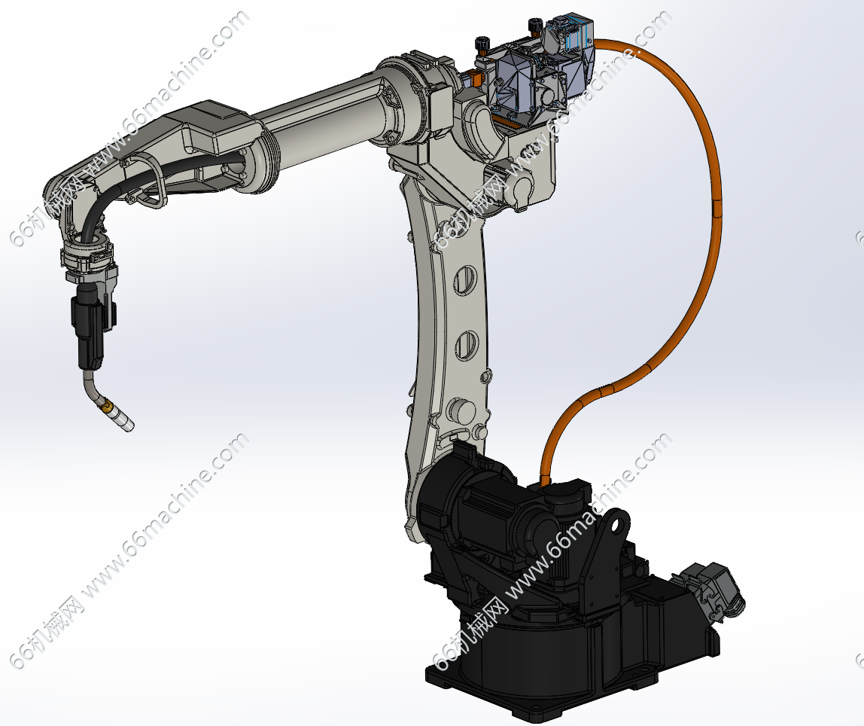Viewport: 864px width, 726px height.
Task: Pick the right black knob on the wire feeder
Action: click(x=534, y=25)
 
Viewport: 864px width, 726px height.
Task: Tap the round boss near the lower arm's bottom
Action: click(x=462, y=410)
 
